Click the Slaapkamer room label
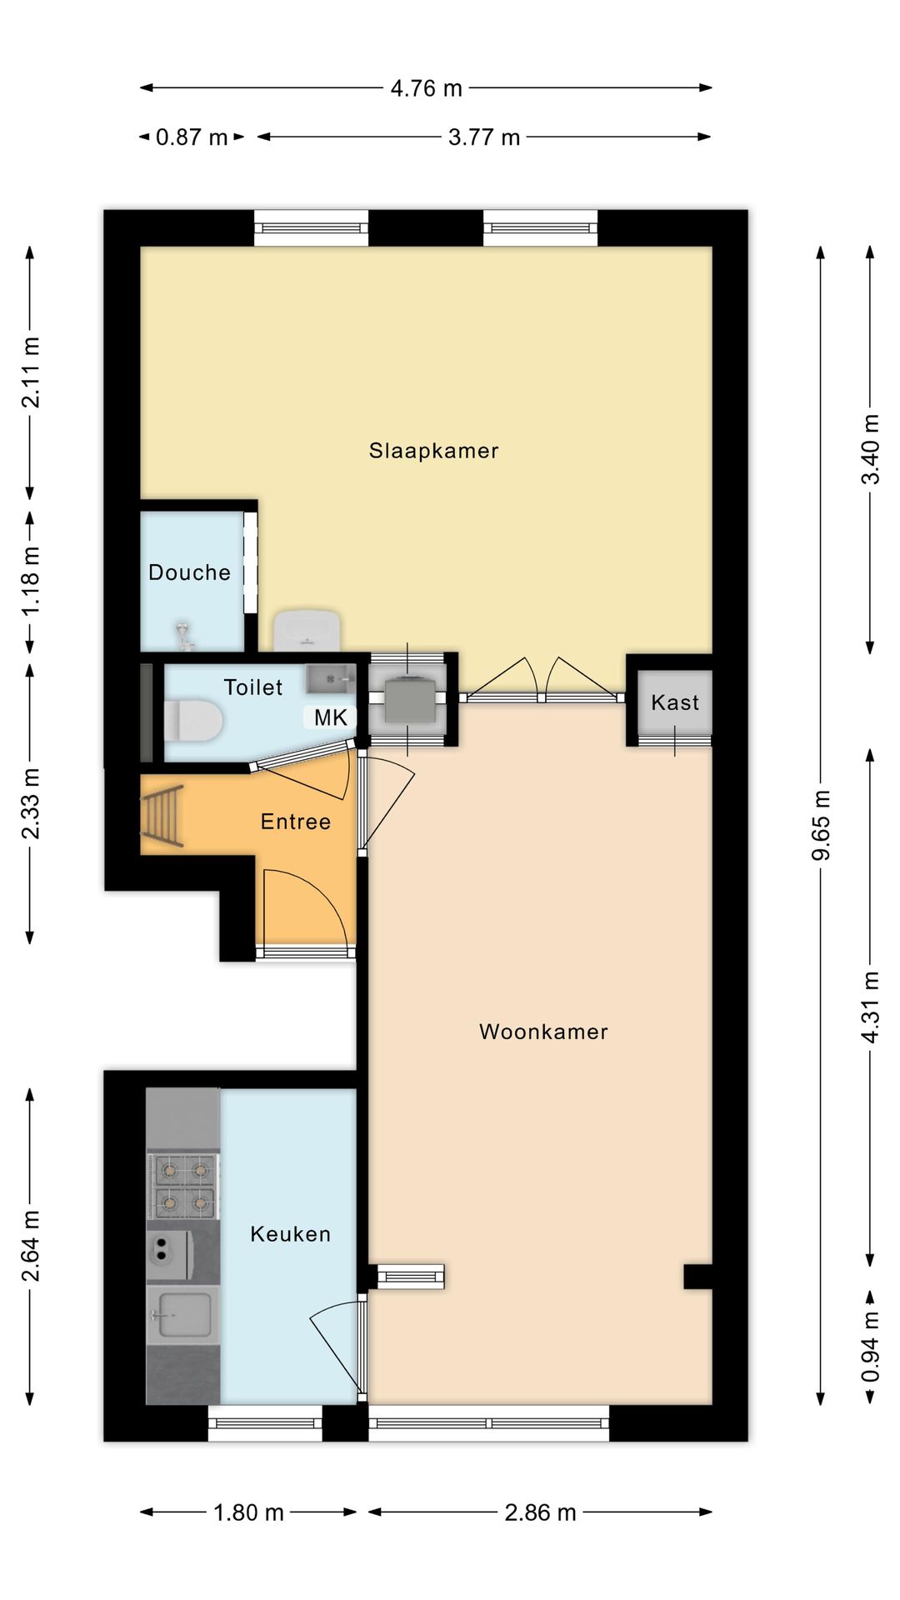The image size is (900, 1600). [x=433, y=451]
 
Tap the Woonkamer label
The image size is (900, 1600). [x=543, y=1032]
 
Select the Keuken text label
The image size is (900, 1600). [x=290, y=1234]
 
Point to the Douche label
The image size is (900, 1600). [x=189, y=572]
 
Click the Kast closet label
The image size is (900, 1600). [x=675, y=702]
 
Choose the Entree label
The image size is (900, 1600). [x=296, y=822]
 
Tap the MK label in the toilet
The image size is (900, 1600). [x=331, y=717]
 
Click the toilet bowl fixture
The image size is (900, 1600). [x=192, y=720]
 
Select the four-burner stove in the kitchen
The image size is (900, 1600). [x=183, y=1186]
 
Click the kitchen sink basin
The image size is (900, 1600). [x=184, y=1315]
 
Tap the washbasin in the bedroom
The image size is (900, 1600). [x=307, y=630]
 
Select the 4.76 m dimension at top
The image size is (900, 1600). [x=427, y=88]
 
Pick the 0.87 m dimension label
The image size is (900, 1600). [x=192, y=137]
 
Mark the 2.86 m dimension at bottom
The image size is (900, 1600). [x=540, y=1512]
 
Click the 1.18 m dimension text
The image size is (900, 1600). [x=30, y=581]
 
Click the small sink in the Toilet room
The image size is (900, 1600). [x=331, y=679]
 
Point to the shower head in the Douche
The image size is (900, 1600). [x=184, y=635]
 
